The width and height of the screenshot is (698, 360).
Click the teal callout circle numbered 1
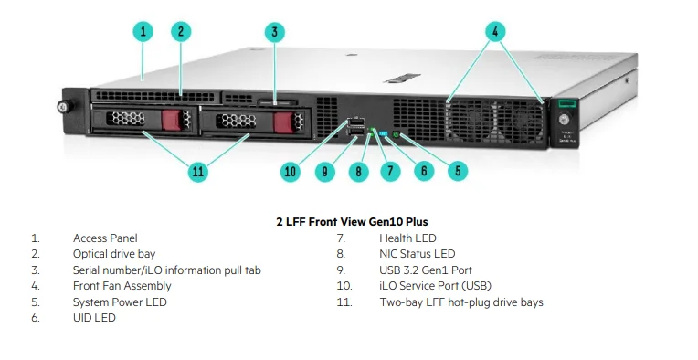pos(143,32)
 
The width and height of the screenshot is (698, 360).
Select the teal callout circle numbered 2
pos(181,32)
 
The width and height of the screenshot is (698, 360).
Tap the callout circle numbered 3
pos(275,32)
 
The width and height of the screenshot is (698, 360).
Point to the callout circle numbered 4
pos(495,32)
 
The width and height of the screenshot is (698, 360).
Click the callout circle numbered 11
pos(198,171)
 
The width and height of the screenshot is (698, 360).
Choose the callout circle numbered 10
pos(291,171)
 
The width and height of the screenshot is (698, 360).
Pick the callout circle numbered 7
pos(389,171)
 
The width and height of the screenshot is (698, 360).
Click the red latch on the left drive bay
pos(173,121)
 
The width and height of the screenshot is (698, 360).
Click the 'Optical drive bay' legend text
pos(113,254)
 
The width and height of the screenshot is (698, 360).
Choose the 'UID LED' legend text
pos(94,317)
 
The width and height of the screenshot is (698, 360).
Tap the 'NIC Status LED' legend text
pos(418,254)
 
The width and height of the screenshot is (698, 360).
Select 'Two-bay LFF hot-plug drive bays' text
pos(461,302)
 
